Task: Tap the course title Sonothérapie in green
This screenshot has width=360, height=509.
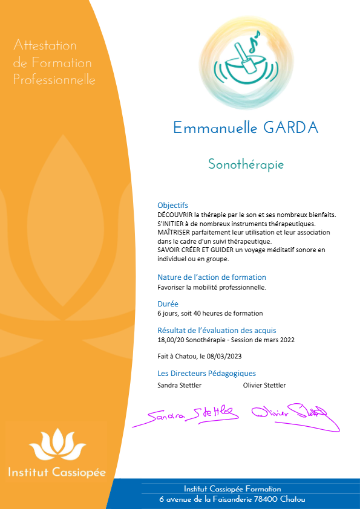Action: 246,164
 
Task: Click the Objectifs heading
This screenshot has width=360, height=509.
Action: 172,206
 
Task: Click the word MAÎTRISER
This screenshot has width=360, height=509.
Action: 173,232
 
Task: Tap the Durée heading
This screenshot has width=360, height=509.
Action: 168,303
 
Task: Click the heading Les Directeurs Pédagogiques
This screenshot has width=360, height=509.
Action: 206,373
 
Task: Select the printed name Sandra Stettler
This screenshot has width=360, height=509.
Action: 180,385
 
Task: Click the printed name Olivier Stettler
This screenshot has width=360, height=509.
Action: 264,385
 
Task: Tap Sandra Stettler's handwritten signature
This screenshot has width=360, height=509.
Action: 186,414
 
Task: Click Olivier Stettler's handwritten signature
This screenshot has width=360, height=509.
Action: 289,412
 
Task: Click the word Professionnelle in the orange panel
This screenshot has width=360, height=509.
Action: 54,80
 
